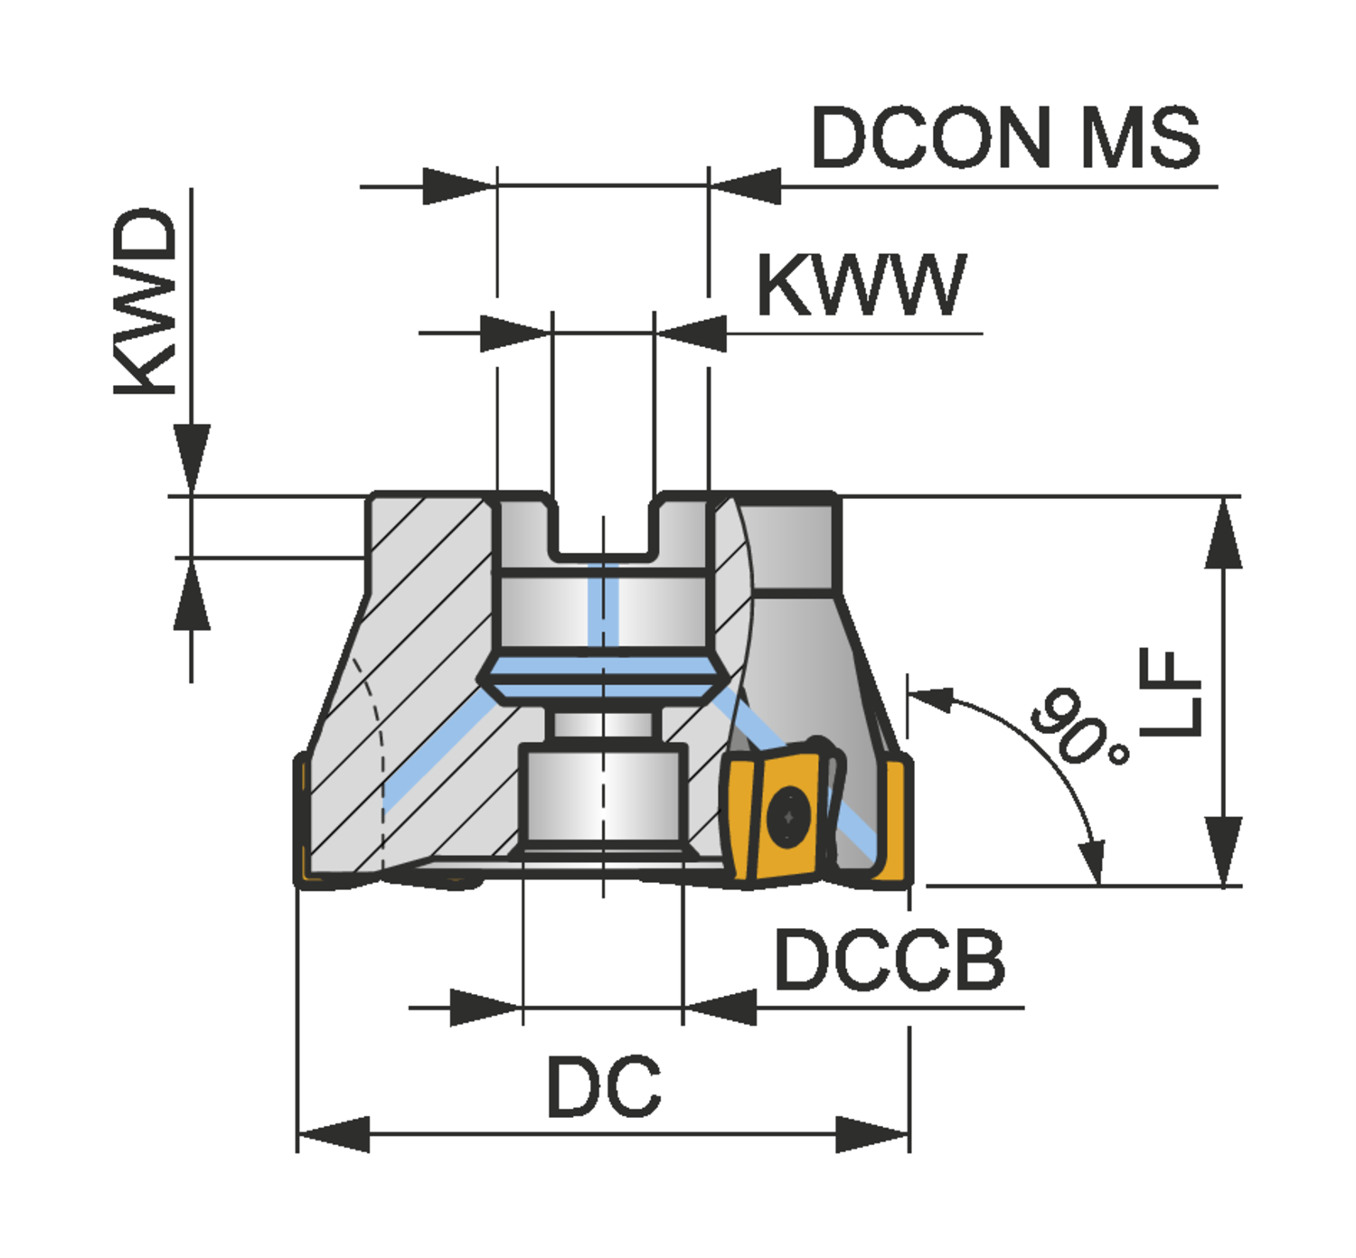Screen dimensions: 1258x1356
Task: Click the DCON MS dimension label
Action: pos(1005,137)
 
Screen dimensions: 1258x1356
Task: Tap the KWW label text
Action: pos(861,285)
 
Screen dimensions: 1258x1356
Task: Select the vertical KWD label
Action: pos(145,302)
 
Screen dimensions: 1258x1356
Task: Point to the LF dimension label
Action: pos(1170,691)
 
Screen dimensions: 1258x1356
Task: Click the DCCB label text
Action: pos(890,960)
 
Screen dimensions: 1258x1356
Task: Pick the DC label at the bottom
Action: pos(604,1086)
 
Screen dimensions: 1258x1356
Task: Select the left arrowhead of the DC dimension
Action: pos(332,1134)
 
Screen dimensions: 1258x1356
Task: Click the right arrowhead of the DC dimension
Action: pos(873,1134)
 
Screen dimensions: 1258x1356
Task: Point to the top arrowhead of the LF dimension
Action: pos(1223,533)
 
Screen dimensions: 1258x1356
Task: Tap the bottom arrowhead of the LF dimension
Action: pos(1223,850)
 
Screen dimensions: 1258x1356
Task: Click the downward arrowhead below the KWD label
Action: pos(192,459)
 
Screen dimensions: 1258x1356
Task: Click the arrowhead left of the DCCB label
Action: pos(720,1007)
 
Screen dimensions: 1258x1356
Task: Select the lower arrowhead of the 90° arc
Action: pos(1096,863)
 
